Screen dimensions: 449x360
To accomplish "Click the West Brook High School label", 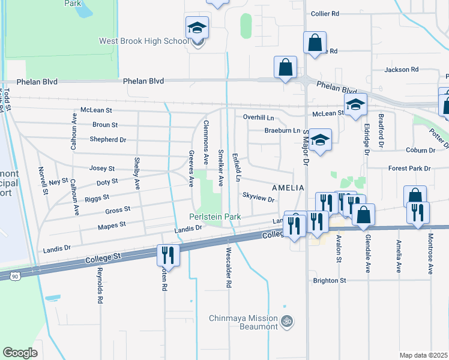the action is (144, 41).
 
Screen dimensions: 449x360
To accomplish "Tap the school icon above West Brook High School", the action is (196, 28).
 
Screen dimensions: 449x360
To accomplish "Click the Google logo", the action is (20, 353).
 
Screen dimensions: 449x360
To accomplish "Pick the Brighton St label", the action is (330, 280).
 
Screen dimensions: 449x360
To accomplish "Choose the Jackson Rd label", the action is (402, 70).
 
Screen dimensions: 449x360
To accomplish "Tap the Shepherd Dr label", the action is (107, 139).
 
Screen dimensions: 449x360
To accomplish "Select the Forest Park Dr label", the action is (409, 169).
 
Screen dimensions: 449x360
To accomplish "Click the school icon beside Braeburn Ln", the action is (321, 140).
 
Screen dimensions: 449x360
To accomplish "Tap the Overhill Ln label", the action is (258, 117).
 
